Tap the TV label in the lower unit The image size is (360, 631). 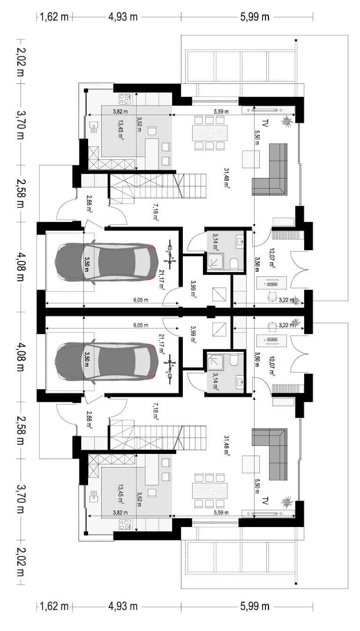point(265,501)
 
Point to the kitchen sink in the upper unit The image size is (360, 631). point(94,127)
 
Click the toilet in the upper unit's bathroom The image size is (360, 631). point(234,264)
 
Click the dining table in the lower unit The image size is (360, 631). point(210,491)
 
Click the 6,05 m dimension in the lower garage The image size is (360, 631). point(141,325)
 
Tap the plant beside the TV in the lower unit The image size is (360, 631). point(287,502)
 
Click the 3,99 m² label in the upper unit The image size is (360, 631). point(194,289)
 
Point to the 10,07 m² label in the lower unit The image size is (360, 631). point(272,366)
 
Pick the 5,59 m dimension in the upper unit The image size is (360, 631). point(221,111)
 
